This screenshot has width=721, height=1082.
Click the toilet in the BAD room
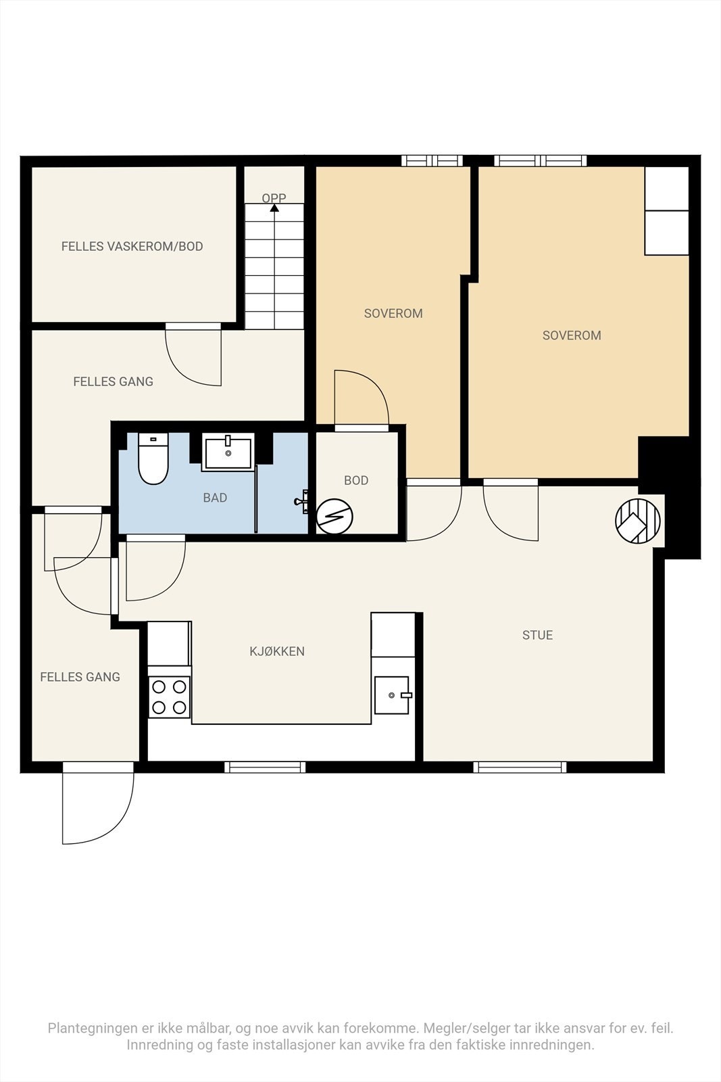153,458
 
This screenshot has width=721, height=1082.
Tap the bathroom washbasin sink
228,452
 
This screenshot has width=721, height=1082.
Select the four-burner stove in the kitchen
170,697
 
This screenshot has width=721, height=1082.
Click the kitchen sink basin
393,695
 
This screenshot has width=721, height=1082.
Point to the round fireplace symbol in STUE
637,521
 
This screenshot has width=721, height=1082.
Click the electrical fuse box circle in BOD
334,517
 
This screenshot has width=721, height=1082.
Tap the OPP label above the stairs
274,198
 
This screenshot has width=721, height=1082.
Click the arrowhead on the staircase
274,208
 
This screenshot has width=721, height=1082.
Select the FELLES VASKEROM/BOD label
132,246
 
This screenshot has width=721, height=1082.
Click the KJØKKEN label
277,651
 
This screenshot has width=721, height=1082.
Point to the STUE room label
538,635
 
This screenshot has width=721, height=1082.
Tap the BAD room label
216,498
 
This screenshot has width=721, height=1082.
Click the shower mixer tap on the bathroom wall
301,501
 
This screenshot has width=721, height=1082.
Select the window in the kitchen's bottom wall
265,767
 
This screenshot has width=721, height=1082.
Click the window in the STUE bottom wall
520,767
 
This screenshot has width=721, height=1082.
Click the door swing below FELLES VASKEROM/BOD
193,358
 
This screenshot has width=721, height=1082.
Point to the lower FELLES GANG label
80,677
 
